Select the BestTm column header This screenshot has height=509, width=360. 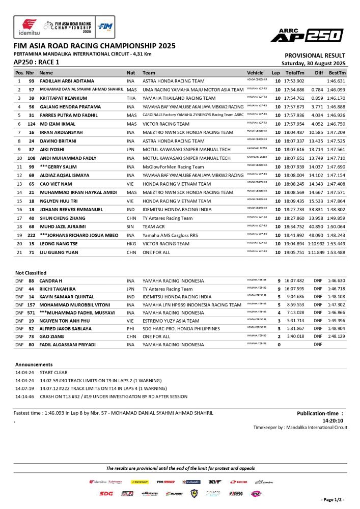click(x=338, y=72)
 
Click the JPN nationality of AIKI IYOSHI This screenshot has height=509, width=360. click(x=131, y=150)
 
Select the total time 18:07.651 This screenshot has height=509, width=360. click(x=294, y=158)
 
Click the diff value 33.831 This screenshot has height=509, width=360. click(x=316, y=210)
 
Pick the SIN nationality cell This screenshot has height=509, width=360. click(x=131, y=227)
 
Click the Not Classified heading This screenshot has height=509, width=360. click(x=31, y=273)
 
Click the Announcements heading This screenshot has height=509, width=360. click(x=34, y=364)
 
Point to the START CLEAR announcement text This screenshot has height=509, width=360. click(x=56, y=373)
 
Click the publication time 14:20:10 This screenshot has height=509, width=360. click(x=333, y=421)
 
